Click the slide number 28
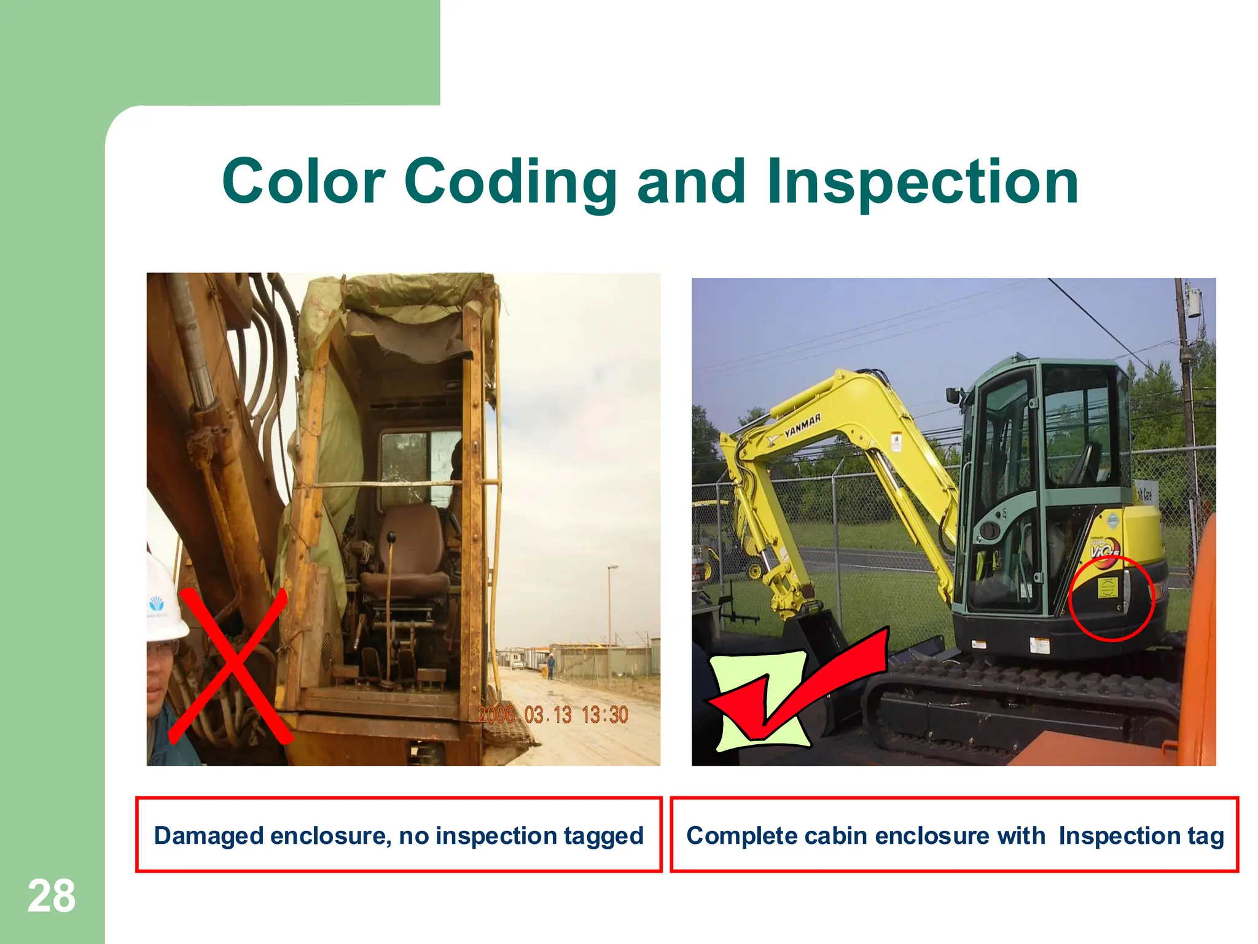tap(52, 897)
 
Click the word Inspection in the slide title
tap(923, 181)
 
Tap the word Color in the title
tap(303, 181)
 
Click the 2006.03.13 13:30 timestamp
tap(553, 715)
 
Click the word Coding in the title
tap(510, 181)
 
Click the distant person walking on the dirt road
tap(551, 666)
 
